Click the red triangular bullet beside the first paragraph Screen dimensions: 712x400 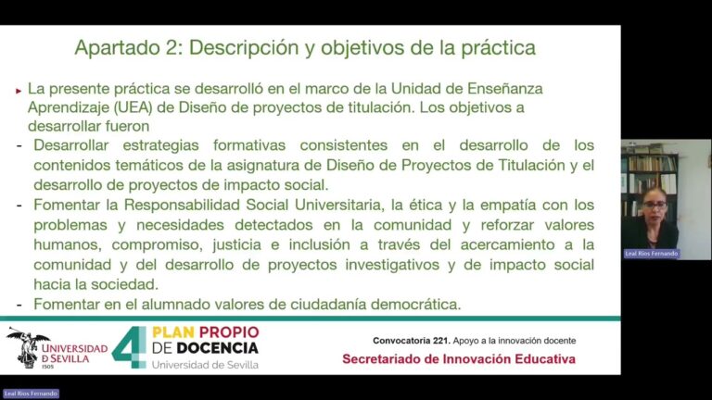(x=19, y=91)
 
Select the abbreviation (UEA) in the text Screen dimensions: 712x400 (x=134, y=107)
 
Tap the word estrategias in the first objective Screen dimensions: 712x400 (x=160, y=145)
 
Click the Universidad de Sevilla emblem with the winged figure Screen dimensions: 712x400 (x=28, y=347)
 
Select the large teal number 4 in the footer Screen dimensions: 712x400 (x=129, y=347)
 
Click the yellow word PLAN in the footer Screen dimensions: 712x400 (x=173, y=332)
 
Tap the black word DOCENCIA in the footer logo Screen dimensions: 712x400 (x=218, y=348)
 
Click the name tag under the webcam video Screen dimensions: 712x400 (x=651, y=254)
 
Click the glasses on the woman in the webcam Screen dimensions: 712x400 (x=655, y=206)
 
